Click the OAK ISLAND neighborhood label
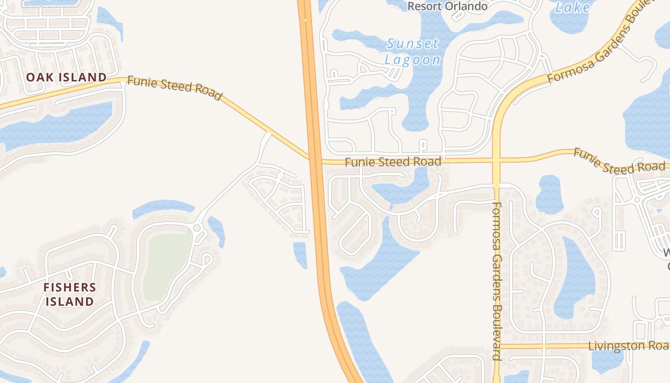(x=66, y=77)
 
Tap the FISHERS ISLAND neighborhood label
(x=69, y=294)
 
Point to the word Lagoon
(x=413, y=60)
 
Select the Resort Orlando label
(x=447, y=6)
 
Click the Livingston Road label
(x=628, y=346)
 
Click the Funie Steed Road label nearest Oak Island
(x=175, y=89)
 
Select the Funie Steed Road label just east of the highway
(x=393, y=162)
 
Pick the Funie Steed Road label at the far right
(x=619, y=162)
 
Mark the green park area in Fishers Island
(x=167, y=266)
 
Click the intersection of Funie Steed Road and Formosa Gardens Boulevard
(x=496, y=160)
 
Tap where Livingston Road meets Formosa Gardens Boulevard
(x=497, y=346)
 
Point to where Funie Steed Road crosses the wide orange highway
(x=314, y=159)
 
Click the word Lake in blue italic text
(x=573, y=7)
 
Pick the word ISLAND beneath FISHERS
(x=69, y=302)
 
